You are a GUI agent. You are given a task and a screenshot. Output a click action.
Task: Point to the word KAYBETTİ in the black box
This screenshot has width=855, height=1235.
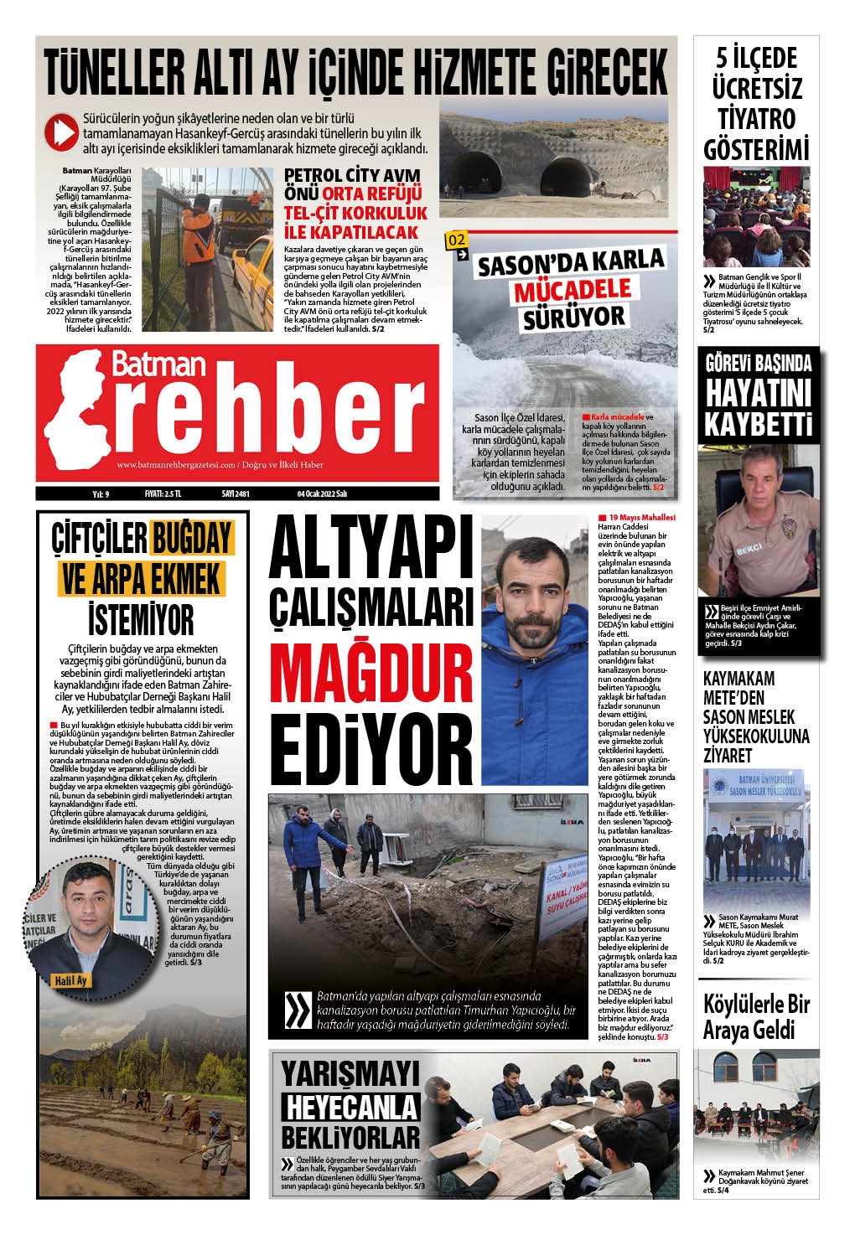click(x=759, y=422)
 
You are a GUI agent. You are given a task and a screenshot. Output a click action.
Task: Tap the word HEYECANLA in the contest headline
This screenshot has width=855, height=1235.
click(x=350, y=1106)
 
